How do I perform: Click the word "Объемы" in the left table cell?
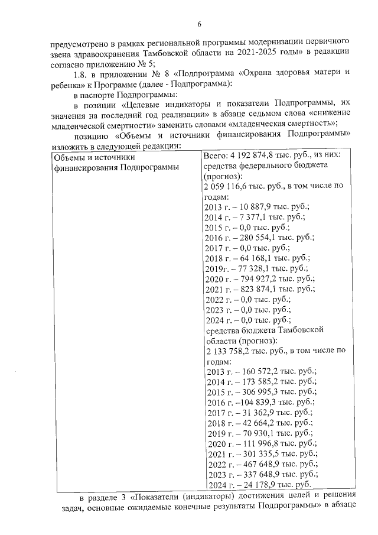[x=69, y=157]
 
